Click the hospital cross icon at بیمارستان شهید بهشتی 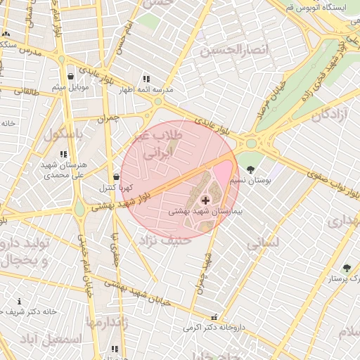point(205,200)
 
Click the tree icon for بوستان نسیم point(252,169)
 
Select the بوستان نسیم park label point(255,181)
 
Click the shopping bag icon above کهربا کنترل point(116,177)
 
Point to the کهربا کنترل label point(112,188)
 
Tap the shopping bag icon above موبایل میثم point(70,77)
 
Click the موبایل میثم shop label point(70,88)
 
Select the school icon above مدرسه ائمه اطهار point(146,79)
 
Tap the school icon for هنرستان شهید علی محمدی point(63,154)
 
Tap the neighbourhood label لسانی point(264,243)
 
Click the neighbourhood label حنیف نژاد point(167,240)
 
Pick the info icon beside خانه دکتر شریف point(19,301)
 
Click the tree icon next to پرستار point(346,268)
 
